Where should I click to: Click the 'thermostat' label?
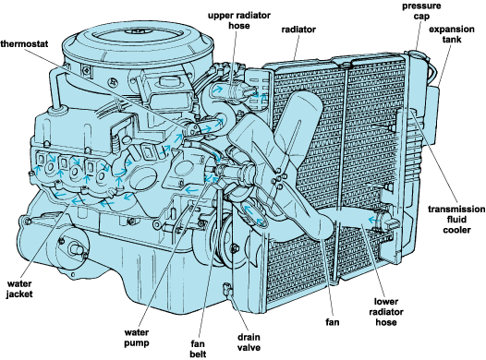pos(25,43)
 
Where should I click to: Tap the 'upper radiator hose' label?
pos(239,20)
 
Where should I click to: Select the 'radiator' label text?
pos(298,30)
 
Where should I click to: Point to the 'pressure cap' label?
pos(421,11)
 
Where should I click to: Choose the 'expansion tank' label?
pos(452,34)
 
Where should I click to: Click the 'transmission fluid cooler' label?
pos(456,219)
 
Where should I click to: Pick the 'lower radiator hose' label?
pos(386,312)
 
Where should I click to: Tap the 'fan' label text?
pos(333,322)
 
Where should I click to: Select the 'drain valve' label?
pos(249,342)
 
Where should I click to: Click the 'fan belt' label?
pos(198,349)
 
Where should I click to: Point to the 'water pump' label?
pos(137,338)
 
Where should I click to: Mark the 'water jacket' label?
pos(19,289)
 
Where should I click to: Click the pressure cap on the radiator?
pos(417,54)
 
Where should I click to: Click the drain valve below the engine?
pos(228,289)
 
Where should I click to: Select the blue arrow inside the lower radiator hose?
pos(373,220)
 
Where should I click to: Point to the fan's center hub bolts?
pos(278,178)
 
